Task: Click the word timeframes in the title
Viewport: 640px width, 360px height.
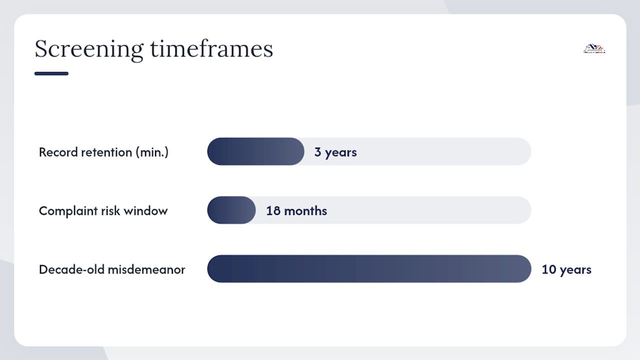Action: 211,48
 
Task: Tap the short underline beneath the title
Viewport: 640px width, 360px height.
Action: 51,73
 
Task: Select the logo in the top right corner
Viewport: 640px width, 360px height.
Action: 594,48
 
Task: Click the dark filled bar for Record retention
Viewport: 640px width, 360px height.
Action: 255,151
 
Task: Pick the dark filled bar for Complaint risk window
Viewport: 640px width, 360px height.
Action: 231,210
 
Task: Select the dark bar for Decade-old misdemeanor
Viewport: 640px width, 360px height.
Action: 369,269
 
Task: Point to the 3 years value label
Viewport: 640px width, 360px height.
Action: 335,152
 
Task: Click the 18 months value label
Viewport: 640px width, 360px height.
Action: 296,211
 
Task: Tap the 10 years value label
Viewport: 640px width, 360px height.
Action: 566,269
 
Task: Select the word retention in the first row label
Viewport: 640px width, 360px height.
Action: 106,152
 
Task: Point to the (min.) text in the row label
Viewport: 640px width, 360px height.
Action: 152,152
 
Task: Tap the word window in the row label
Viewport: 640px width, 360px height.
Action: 145,211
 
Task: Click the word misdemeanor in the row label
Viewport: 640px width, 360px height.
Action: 146,269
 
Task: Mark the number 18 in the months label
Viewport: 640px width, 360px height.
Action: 273,211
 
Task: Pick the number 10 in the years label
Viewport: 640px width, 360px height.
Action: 548,269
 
